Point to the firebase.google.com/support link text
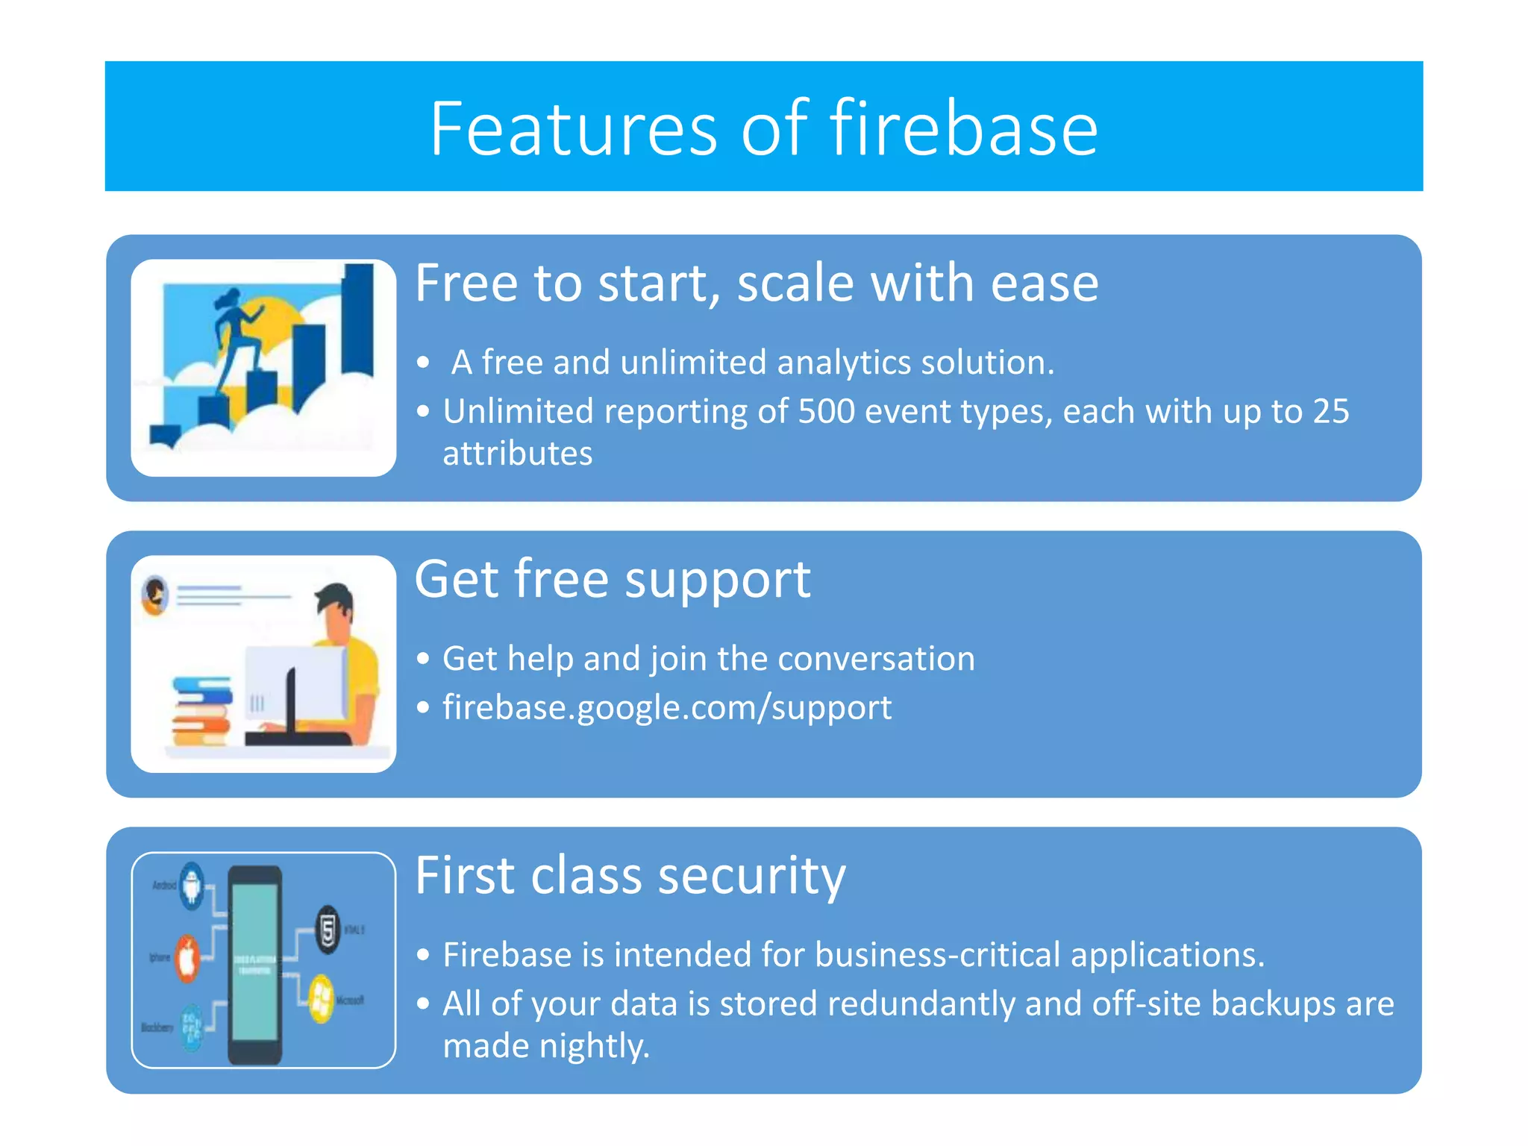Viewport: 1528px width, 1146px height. click(x=666, y=707)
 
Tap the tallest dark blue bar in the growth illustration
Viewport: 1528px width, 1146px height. click(x=358, y=321)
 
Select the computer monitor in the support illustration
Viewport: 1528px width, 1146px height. click(x=295, y=686)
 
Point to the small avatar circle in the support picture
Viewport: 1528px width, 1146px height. click(x=155, y=595)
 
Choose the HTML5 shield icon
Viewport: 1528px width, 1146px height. click(x=328, y=930)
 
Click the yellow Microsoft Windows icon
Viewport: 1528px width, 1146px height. click(x=322, y=998)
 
